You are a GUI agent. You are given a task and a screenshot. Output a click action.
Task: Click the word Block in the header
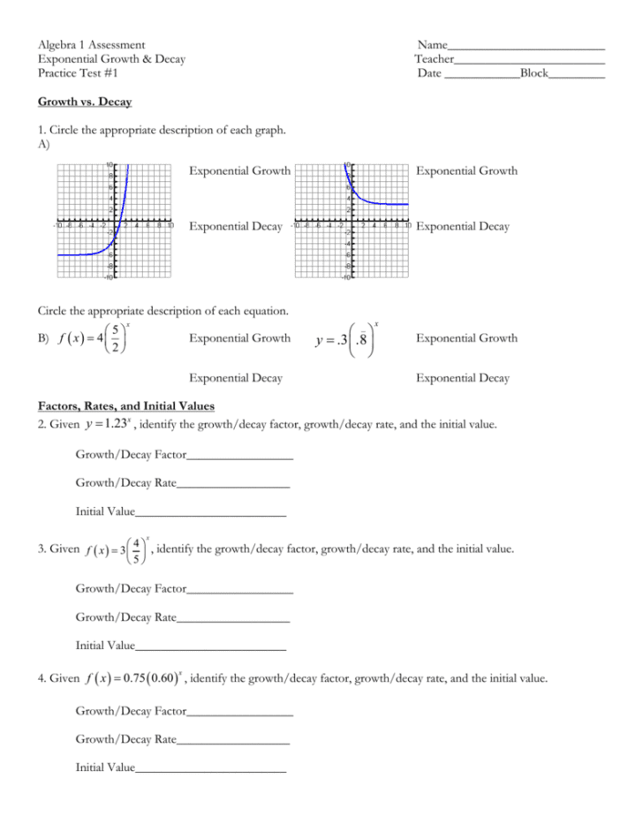pos(533,73)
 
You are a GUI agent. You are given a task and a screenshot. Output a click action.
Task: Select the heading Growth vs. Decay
pos(85,102)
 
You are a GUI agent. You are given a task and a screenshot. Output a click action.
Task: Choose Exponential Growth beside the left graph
pos(239,170)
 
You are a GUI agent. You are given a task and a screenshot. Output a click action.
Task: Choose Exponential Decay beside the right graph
pos(463,227)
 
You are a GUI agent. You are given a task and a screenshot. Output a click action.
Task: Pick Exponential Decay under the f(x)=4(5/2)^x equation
pos(236,378)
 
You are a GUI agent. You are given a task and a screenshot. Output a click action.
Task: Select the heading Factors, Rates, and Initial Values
pos(125,406)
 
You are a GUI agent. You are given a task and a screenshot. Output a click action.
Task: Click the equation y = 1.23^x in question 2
pos(109,425)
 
